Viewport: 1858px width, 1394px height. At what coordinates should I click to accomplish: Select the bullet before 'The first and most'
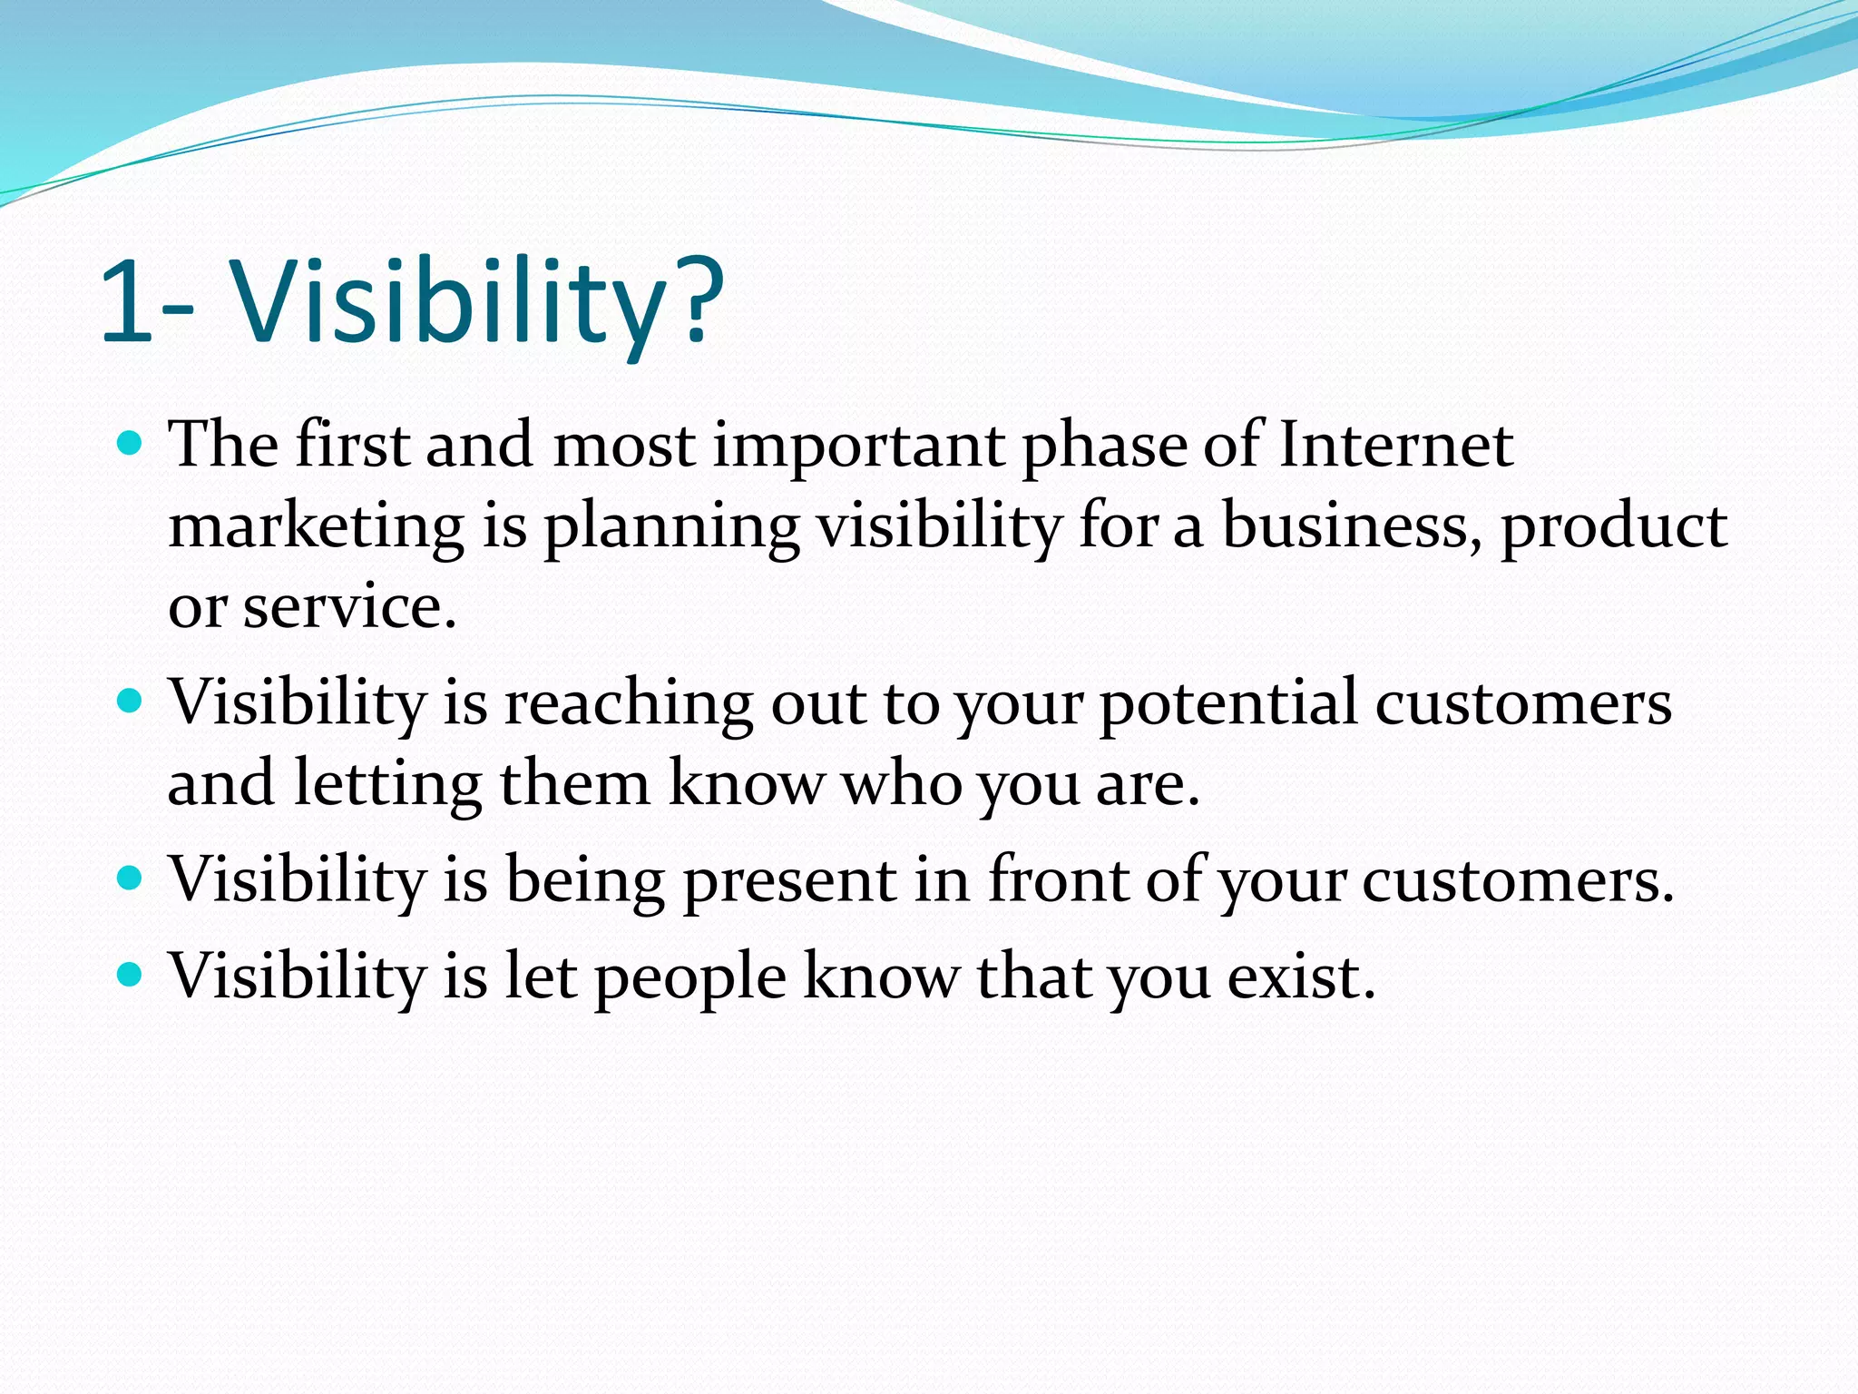(132, 444)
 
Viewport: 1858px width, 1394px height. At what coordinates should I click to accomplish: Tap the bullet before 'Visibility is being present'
(132, 878)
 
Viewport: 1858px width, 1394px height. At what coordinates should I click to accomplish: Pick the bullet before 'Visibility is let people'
(132, 975)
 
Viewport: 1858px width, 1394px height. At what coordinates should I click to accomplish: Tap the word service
(349, 606)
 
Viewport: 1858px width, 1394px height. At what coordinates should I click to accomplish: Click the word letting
(388, 784)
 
